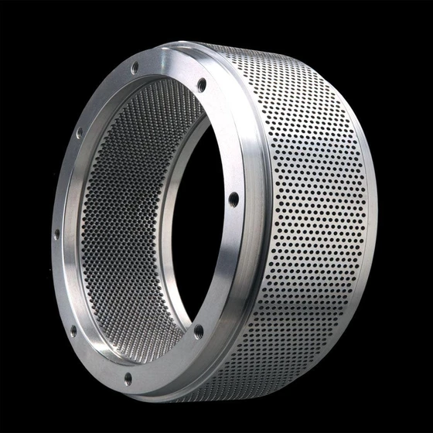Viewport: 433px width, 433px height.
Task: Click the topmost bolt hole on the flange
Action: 135,68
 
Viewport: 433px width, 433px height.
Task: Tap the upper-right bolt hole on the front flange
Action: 202,84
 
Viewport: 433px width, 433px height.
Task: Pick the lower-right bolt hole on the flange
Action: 199,332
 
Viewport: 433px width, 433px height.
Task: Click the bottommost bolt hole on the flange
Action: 128,379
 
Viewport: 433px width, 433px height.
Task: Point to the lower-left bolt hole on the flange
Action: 73,331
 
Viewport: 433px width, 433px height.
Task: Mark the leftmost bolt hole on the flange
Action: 56,233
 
